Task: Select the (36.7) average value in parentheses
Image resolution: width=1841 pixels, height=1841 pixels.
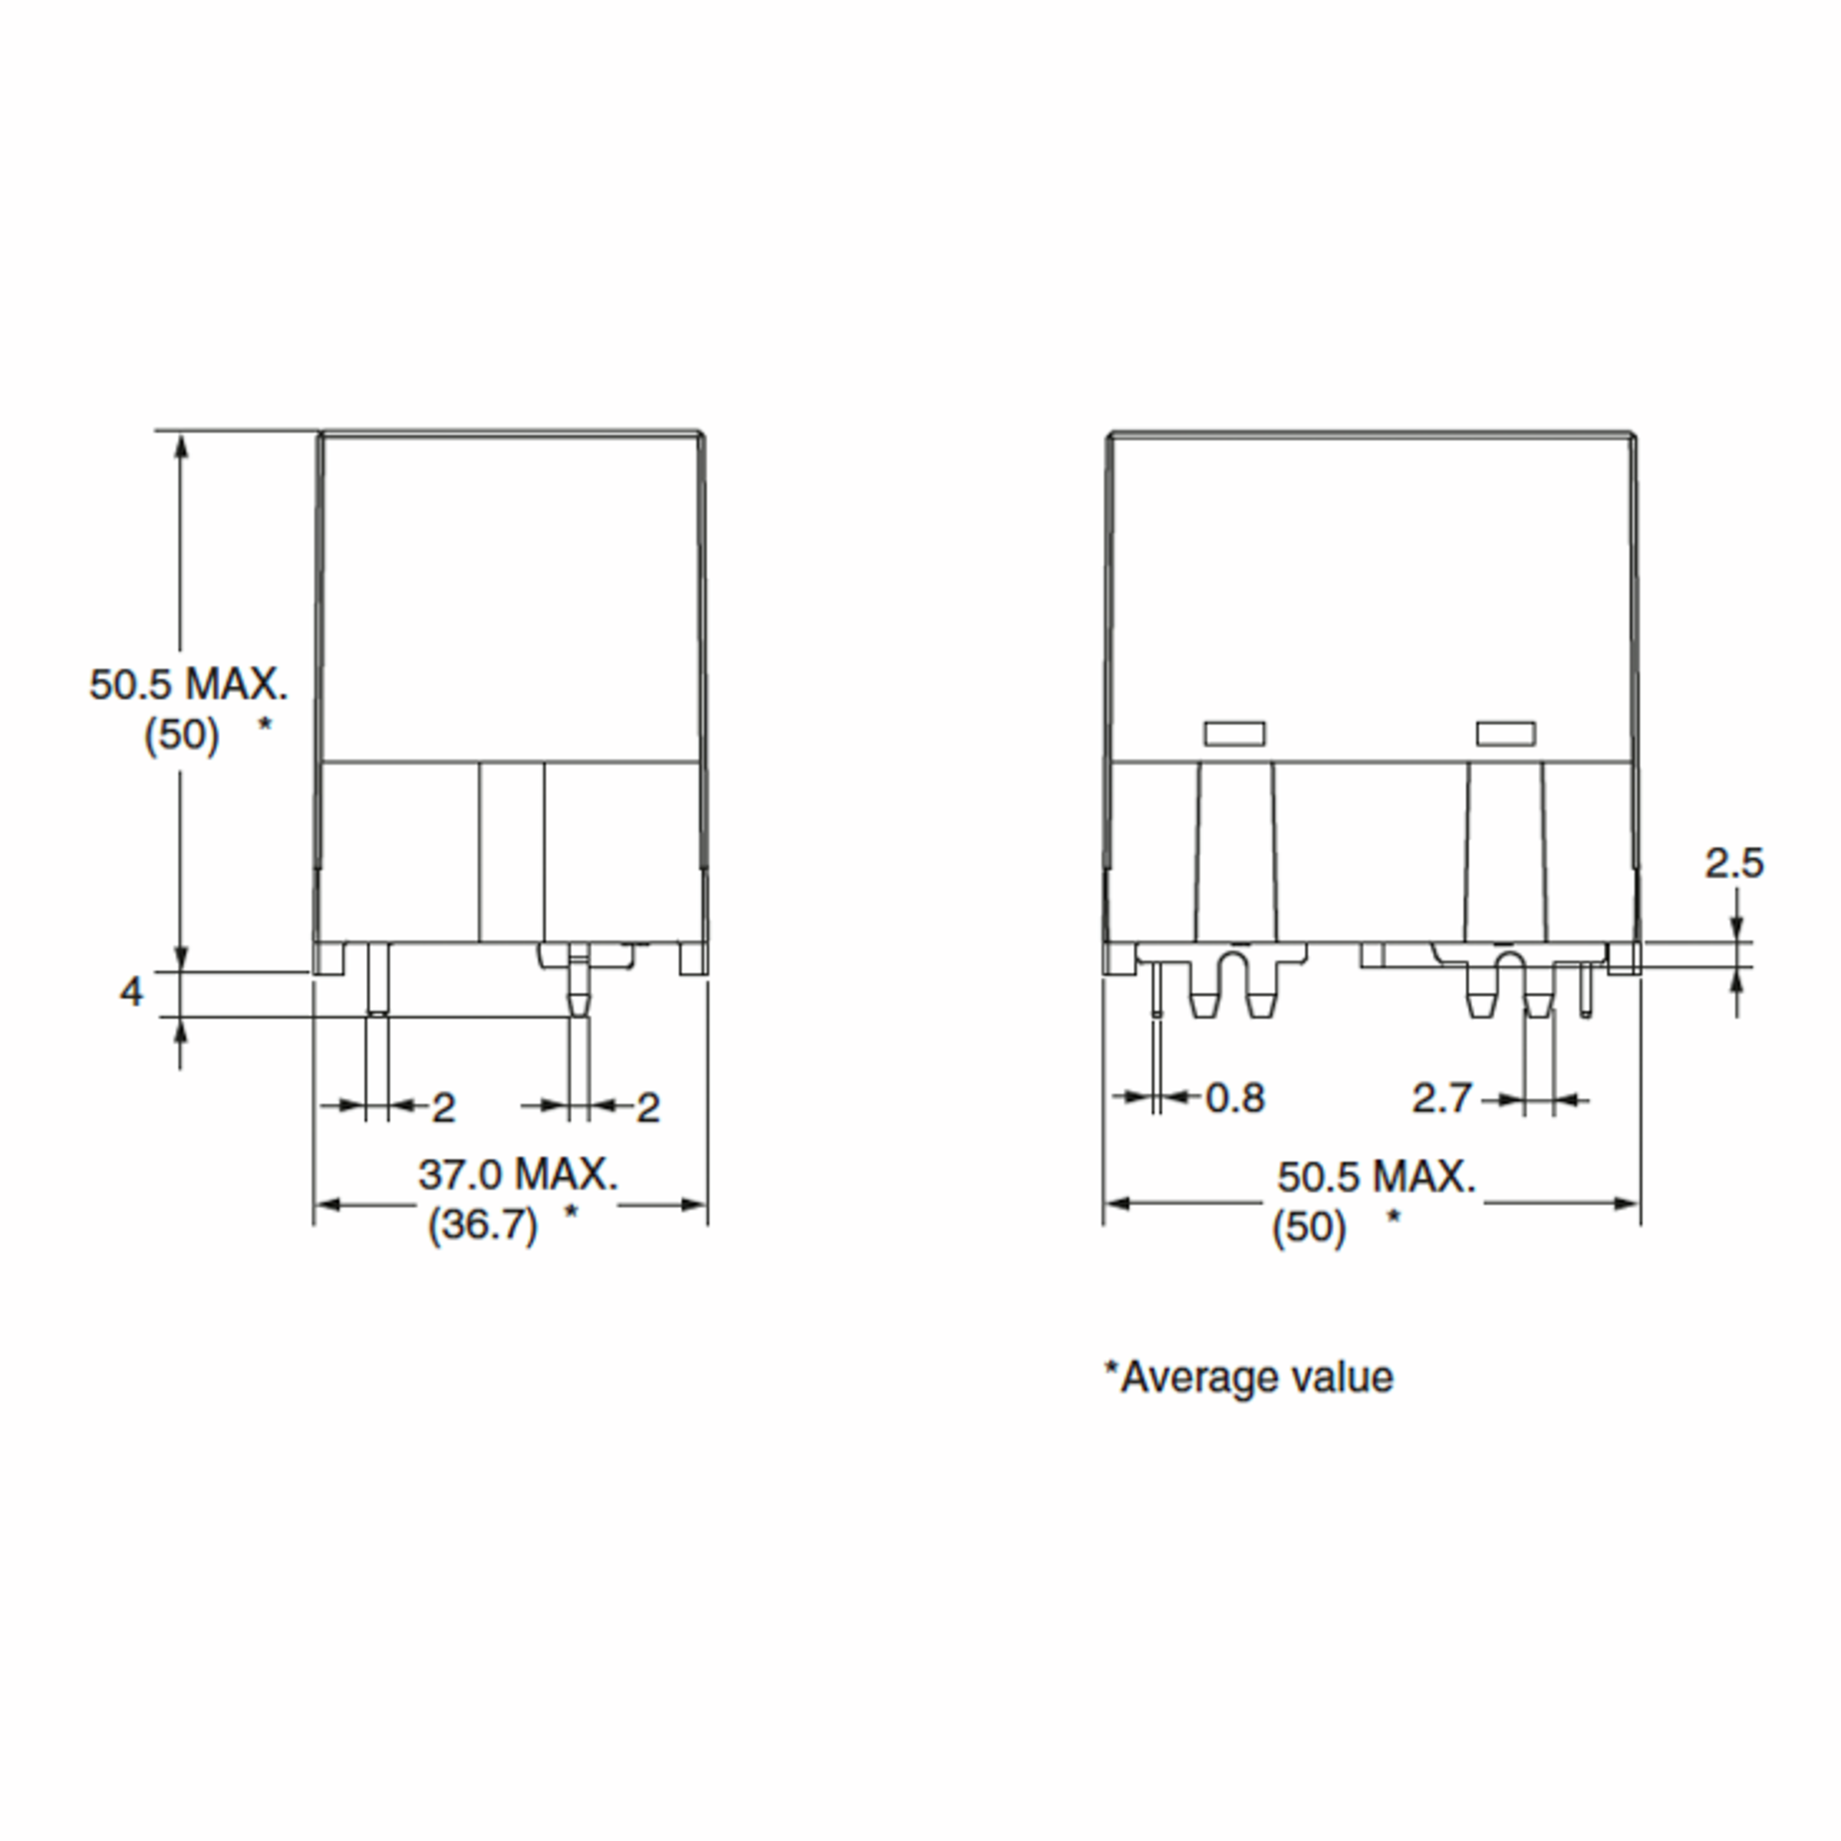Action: [482, 1223]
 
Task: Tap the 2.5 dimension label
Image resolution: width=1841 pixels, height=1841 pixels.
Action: [1734, 863]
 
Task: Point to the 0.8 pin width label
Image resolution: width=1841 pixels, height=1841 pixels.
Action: [1235, 1098]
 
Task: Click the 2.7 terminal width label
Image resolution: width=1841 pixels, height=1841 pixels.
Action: [1442, 1098]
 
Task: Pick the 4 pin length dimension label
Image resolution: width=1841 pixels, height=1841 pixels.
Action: [130, 992]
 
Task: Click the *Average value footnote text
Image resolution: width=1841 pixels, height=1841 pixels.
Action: [1248, 1378]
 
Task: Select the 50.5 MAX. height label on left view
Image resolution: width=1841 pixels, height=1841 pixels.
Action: [188, 684]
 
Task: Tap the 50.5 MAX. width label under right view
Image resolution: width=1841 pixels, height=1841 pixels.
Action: [1376, 1177]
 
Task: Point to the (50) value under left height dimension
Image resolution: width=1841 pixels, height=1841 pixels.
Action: [181, 735]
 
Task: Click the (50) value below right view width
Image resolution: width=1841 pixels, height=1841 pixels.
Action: [1309, 1227]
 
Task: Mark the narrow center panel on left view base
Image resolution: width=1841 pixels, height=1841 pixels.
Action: [512, 851]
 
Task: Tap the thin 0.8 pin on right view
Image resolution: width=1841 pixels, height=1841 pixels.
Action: [1157, 989]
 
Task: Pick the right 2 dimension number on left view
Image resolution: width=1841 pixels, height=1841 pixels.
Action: [648, 1107]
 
